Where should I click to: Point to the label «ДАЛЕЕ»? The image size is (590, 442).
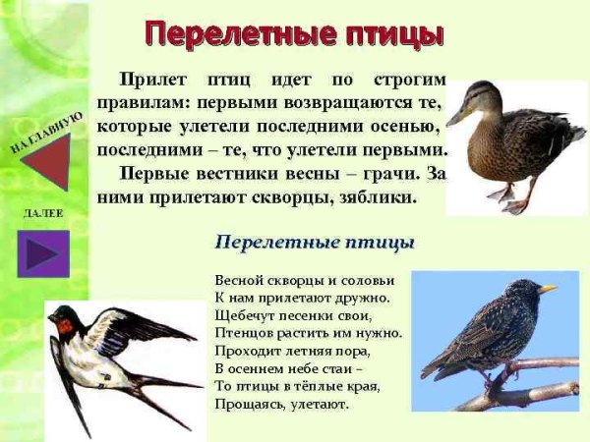tap(41, 213)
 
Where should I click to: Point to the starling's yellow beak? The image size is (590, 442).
tap(547, 289)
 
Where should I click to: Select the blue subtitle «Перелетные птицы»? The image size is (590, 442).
tap(315, 242)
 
